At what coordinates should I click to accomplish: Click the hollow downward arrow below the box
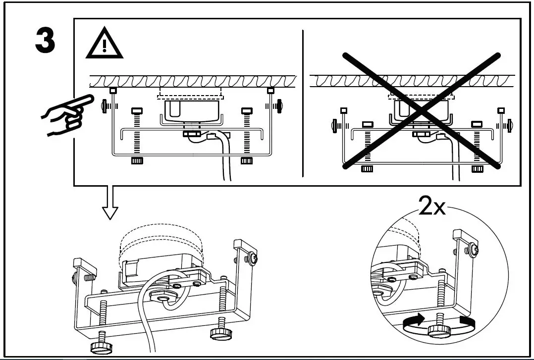(x=110, y=203)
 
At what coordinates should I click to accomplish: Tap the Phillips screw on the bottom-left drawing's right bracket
(x=253, y=257)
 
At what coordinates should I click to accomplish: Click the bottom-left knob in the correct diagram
(x=137, y=161)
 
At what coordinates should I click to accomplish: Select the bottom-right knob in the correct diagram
(x=246, y=161)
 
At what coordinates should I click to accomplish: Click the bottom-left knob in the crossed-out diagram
(x=367, y=169)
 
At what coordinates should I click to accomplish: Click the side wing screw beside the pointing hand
(x=105, y=106)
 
